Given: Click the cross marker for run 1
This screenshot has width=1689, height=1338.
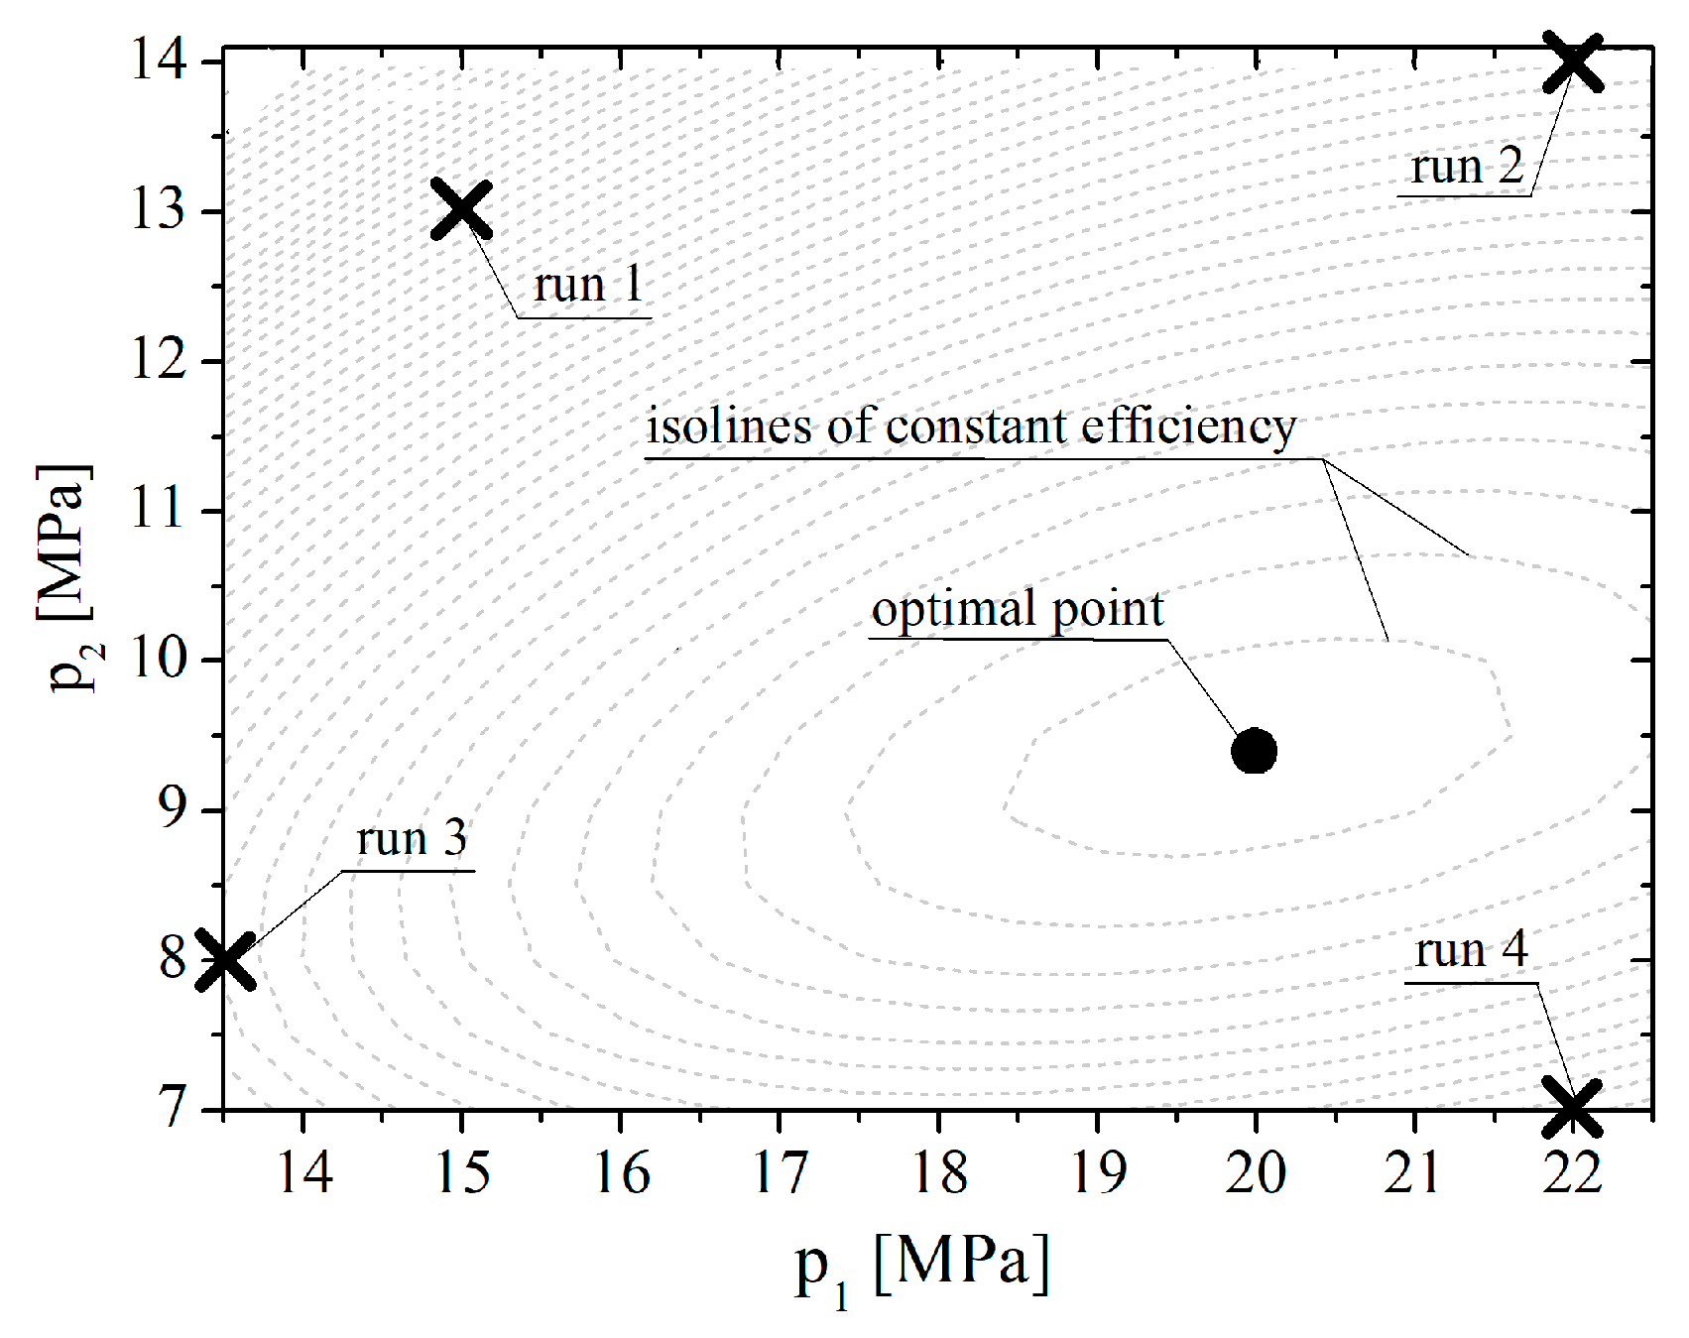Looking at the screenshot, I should [x=461, y=209].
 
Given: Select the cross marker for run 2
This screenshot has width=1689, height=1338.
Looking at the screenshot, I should [x=1573, y=61].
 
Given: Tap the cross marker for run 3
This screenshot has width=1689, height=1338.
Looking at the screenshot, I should [x=225, y=960].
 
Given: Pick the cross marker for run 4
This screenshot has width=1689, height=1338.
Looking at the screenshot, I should [x=1573, y=1108].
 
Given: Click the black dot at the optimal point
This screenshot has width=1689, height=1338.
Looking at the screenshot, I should [x=1254, y=751].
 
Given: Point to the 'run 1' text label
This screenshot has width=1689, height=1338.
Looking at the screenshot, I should [x=588, y=286].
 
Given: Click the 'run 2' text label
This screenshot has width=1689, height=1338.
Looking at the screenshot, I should [x=1467, y=167].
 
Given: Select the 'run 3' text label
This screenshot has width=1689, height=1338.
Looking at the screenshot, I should [x=411, y=839].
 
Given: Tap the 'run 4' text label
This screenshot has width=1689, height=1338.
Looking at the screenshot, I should [x=1471, y=950].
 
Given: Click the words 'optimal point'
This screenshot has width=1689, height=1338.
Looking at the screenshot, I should [x=1018, y=609].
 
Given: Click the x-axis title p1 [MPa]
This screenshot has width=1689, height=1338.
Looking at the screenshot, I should [x=922, y=1265].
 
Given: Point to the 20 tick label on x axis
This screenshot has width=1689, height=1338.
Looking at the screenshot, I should [x=1255, y=1173].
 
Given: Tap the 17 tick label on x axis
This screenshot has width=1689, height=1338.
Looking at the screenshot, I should [x=780, y=1173].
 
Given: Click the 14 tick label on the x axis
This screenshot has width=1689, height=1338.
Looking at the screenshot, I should [x=303, y=1173].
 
